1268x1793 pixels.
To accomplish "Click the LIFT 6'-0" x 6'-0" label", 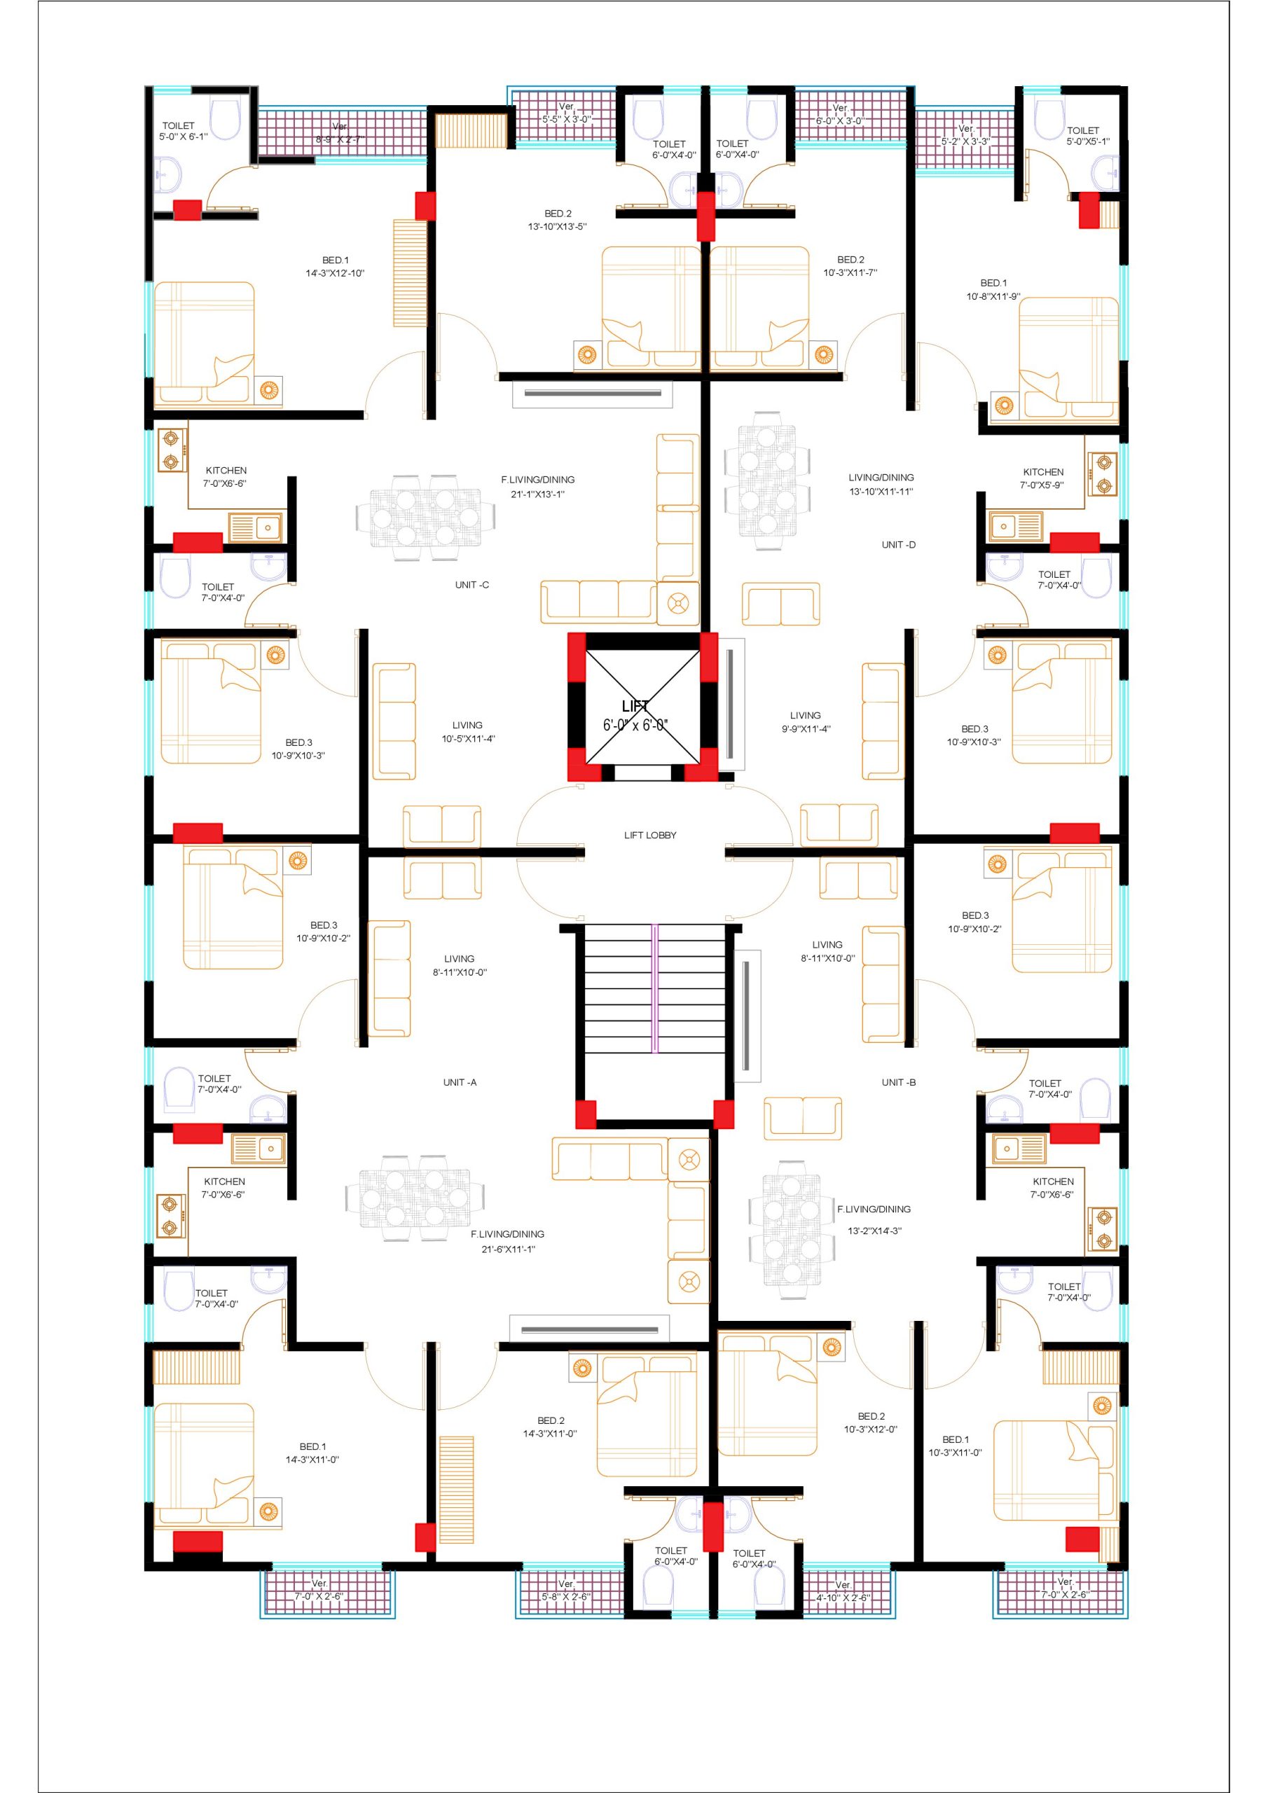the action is coord(635,715).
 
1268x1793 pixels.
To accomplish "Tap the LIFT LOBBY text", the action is coord(650,835).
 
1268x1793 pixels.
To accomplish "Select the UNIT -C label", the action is coord(472,585).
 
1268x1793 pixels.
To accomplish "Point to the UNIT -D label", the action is coord(899,544).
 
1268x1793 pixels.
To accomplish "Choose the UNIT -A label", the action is coord(460,1082).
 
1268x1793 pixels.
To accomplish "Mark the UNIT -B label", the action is coord(899,1082).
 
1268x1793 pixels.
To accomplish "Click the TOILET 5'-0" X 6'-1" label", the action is coord(184,131).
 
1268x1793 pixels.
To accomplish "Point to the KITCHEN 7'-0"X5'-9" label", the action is coord(1043,478).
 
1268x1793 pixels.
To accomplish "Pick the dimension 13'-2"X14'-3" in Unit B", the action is coord(875,1231).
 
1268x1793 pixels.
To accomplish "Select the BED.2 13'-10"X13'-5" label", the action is coord(557,220).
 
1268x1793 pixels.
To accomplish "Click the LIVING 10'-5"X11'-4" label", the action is coord(468,732).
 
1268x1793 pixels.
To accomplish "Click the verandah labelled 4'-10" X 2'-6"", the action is coord(843,1591).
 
